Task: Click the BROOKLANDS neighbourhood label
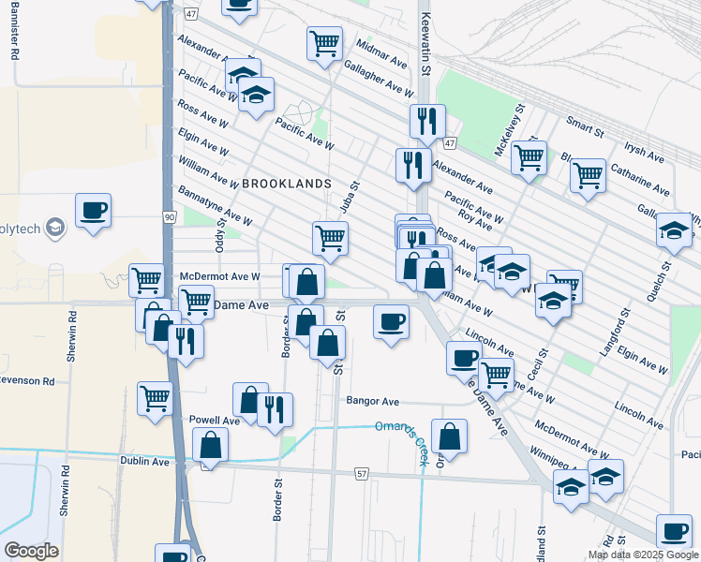[x=287, y=184]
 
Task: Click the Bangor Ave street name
[x=373, y=401]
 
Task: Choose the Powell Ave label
[x=215, y=421]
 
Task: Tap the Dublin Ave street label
[x=144, y=462]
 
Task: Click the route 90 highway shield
[x=169, y=217]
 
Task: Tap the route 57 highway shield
[x=361, y=475]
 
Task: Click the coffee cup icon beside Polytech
[x=93, y=210]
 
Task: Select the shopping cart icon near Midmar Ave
[x=324, y=42]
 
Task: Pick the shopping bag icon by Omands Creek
[x=450, y=436]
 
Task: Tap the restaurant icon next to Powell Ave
[x=275, y=408]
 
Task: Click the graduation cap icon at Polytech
[x=56, y=227]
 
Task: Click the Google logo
[x=31, y=551]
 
